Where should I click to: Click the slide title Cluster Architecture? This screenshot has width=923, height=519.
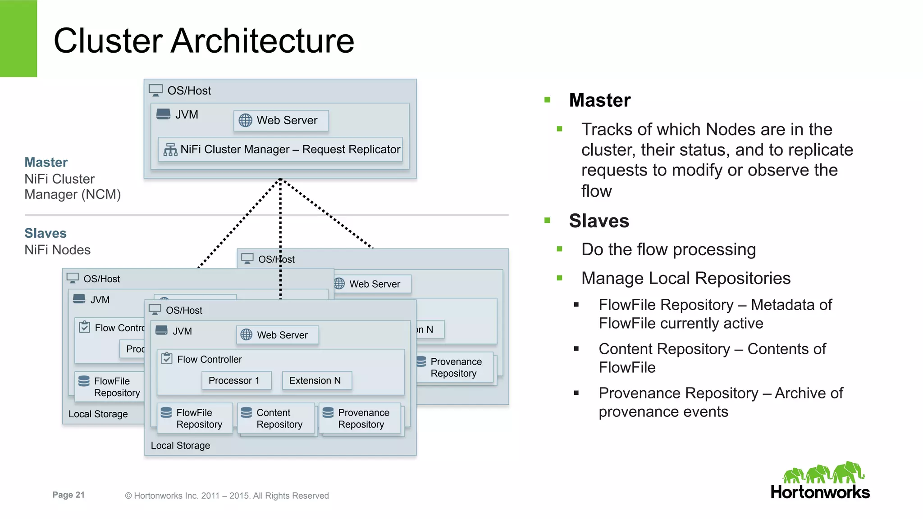click(x=204, y=41)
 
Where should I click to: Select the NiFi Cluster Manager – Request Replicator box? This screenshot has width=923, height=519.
click(x=280, y=149)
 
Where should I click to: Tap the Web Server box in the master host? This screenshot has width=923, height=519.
click(x=281, y=121)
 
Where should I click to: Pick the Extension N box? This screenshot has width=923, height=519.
click(x=316, y=380)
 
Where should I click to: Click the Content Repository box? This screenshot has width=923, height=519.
click(x=276, y=419)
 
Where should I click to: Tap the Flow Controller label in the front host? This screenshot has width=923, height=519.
click(x=209, y=359)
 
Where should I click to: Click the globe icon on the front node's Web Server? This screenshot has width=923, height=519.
click(x=247, y=335)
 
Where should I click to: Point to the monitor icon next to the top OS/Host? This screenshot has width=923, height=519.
click(x=156, y=90)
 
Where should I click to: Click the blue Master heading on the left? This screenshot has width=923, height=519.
click(x=46, y=162)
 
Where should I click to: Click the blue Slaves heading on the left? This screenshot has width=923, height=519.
click(x=46, y=233)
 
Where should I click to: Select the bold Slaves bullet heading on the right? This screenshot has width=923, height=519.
click(x=599, y=221)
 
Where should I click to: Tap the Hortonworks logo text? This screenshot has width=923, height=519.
click(x=820, y=492)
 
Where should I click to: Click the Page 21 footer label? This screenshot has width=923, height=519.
click(x=69, y=495)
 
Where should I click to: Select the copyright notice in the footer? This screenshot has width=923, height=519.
click(x=227, y=496)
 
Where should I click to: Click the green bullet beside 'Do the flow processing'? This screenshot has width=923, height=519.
click(x=560, y=249)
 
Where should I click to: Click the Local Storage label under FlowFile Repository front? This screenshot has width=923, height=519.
click(x=180, y=445)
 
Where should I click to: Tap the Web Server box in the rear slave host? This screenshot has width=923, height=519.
click(x=372, y=284)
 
